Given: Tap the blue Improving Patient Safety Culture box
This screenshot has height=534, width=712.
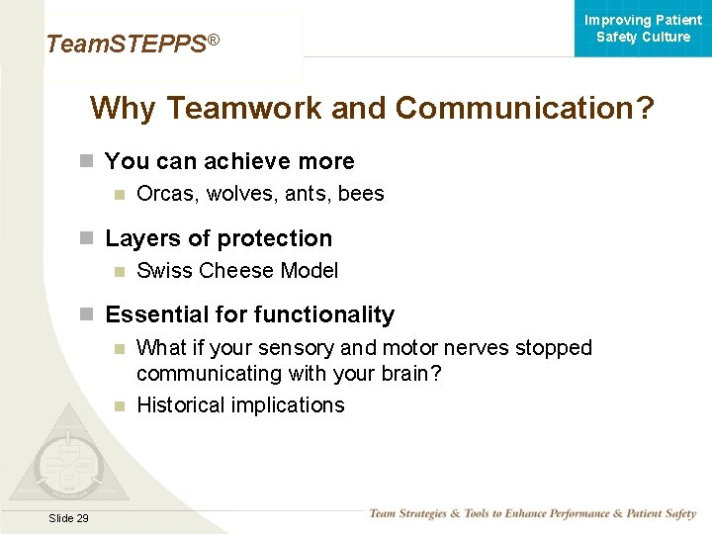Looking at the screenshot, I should coord(643,29).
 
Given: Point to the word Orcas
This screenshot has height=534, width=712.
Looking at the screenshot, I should coord(163,194).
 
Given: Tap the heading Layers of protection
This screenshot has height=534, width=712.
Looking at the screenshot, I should coord(219,238).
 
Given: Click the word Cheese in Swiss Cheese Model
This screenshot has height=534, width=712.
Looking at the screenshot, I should coord(237,271).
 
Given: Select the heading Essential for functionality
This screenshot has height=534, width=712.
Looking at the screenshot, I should coord(249,314).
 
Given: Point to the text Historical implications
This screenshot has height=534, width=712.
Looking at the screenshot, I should coord(240,405).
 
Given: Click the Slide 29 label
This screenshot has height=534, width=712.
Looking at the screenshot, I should coord(68,518).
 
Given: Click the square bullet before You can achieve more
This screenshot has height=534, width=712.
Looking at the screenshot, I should coord(87,161).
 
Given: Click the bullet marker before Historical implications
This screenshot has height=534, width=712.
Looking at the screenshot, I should coord(120,405).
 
